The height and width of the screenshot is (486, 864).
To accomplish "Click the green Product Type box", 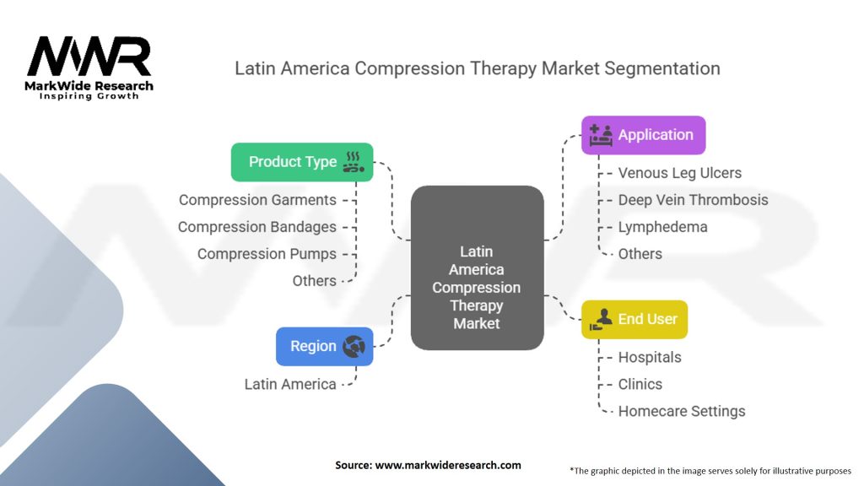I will point(302,162).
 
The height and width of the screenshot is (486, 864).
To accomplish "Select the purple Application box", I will point(643,135).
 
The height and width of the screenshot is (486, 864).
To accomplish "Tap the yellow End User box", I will point(634,319).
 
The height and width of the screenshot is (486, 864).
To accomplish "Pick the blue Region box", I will point(324,346).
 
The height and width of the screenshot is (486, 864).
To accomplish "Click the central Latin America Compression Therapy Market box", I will point(477,287).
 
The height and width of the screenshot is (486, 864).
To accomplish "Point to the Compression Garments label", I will point(257,200).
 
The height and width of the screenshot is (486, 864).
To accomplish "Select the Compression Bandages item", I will point(256,227).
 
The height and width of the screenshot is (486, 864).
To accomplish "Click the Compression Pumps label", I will point(267,254).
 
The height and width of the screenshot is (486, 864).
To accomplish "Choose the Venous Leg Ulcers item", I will point(679,173).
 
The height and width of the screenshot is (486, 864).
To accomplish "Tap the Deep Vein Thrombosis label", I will point(693,200).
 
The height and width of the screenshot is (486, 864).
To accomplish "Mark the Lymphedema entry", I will point(662,227).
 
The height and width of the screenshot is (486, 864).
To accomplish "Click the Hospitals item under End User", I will point(649,357).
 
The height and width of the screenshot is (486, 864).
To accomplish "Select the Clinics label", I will point(640,384).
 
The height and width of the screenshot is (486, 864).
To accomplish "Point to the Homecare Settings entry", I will point(681,411).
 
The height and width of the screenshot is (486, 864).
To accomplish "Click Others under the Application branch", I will point(640,254).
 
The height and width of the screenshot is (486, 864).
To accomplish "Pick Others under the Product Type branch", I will point(314,281).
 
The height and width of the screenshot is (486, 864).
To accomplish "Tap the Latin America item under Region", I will point(290,384).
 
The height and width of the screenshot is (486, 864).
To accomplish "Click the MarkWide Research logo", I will point(89,68).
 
